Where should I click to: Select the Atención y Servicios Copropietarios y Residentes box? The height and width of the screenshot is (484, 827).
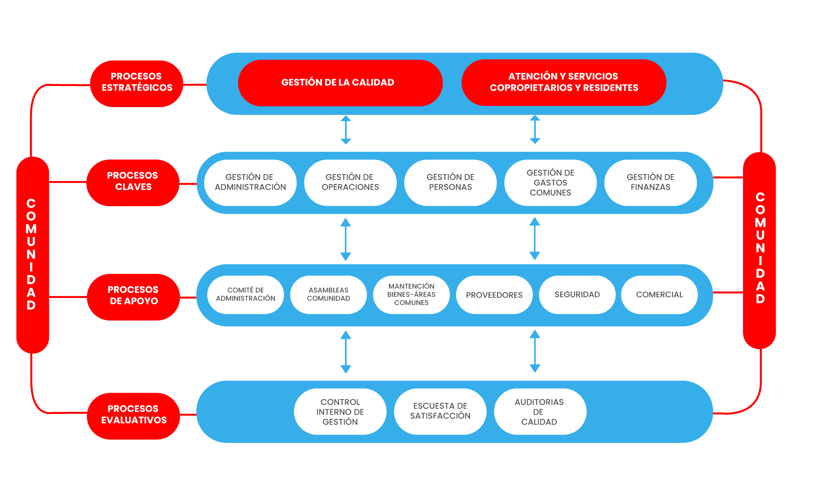pyautogui.click(x=564, y=82)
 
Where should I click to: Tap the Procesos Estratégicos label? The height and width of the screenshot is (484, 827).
pyautogui.click(x=136, y=83)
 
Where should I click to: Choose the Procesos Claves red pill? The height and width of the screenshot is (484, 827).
pyautogui.click(x=133, y=182)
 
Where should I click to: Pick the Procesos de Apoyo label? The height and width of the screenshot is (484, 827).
pyautogui.click(x=133, y=296)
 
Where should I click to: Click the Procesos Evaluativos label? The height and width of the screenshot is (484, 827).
pyautogui.click(x=133, y=415)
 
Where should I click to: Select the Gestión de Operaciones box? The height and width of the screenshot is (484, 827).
pyautogui.click(x=350, y=182)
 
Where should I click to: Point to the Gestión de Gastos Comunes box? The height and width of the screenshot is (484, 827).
pyautogui.click(x=550, y=182)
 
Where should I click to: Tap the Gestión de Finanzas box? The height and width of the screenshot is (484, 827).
pyautogui.click(x=650, y=182)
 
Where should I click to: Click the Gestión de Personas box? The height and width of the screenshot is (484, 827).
pyautogui.click(x=450, y=182)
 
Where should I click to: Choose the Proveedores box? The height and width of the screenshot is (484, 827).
pyautogui.click(x=494, y=295)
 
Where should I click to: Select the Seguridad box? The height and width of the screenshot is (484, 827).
pyautogui.click(x=577, y=295)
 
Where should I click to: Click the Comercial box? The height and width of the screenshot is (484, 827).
pyautogui.click(x=659, y=295)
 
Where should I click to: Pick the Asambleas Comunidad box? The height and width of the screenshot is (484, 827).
pyautogui.click(x=328, y=295)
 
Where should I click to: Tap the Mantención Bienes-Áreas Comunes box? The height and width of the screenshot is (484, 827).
pyautogui.click(x=411, y=295)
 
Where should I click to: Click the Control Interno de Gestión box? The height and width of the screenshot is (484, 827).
pyautogui.click(x=340, y=412)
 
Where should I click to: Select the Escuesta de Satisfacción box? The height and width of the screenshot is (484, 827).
pyautogui.click(x=440, y=412)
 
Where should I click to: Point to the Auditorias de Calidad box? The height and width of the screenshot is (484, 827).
pyautogui.click(x=540, y=412)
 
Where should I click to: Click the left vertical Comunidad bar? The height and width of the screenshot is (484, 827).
pyautogui.click(x=32, y=254)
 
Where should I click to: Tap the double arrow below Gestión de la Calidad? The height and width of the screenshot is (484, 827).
pyautogui.click(x=346, y=130)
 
